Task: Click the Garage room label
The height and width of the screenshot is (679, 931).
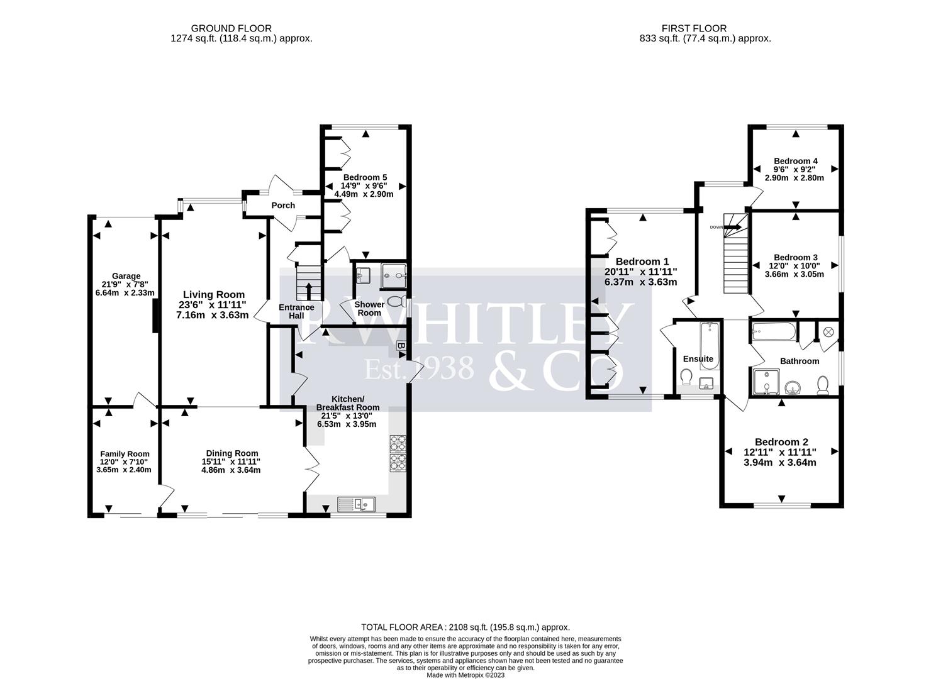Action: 126,276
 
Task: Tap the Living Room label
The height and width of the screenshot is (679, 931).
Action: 214,294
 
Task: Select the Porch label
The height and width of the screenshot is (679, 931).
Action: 283,206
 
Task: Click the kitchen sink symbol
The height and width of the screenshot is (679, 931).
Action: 356,503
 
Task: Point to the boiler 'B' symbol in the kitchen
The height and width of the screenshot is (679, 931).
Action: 400,346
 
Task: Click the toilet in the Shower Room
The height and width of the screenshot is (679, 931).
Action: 396,301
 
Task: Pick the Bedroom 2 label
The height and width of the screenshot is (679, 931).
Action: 781,442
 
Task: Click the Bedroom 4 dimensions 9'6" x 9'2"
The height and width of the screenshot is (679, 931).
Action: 796,169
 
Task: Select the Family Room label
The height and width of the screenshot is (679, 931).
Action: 125,454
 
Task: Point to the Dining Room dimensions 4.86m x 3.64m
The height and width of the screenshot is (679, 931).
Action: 232,470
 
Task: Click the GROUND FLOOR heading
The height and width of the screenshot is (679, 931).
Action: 231,28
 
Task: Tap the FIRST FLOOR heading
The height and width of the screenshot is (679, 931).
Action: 694,28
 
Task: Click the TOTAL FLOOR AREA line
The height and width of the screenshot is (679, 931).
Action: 465,627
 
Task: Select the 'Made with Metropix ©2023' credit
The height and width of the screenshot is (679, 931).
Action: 465,675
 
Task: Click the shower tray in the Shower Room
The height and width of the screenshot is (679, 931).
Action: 394,273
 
